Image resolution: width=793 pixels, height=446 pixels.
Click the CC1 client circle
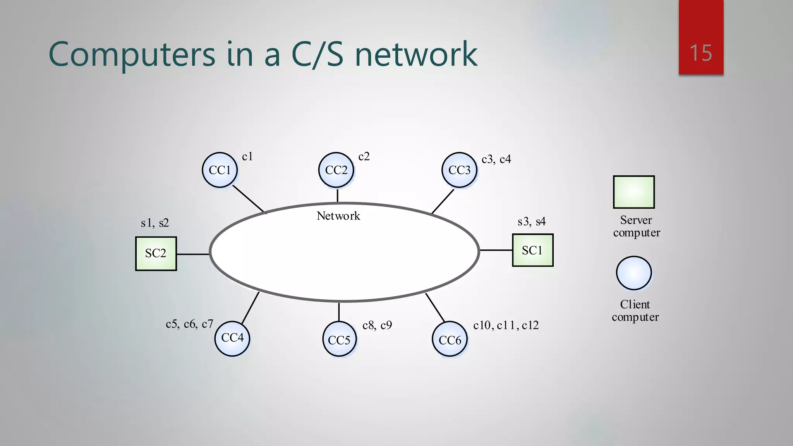click(x=220, y=170)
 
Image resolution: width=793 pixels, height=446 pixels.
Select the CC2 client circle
click(x=336, y=170)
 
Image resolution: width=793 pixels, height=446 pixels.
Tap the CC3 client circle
click(x=459, y=170)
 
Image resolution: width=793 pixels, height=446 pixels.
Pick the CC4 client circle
click(x=232, y=338)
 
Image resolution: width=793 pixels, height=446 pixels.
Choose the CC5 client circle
click(x=339, y=340)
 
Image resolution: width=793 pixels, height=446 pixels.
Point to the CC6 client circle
click(x=450, y=340)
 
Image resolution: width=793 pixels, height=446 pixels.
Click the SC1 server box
click(x=532, y=250)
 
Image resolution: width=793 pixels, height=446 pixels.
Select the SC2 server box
click(x=156, y=253)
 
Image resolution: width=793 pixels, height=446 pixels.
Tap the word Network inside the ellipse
click(x=338, y=216)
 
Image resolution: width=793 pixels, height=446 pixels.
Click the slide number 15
click(x=700, y=53)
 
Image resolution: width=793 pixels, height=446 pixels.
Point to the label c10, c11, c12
click(x=506, y=325)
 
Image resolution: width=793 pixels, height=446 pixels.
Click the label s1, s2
click(x=154, y=223)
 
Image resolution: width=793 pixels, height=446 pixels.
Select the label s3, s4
click(x=531, y=221)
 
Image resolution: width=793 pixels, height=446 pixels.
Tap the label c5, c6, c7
click(x=189, y=324)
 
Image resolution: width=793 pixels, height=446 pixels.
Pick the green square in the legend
click(x=634, y=192)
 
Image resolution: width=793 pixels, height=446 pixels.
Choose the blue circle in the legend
click(x=634, y=273)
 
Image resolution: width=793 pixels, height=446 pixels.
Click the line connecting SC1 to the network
click(x=496, y=250)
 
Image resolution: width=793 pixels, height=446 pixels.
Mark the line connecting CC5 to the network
click(x=339, y=312)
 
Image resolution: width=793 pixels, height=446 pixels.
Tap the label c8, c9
click(x=377, y=325)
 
